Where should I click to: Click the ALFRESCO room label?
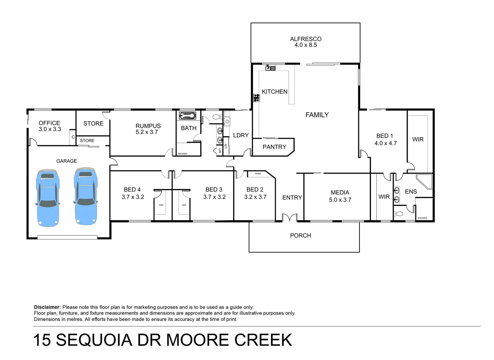pos(306,39)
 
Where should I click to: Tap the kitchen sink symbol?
pos(270,67)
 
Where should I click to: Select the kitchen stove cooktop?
pos(256,98)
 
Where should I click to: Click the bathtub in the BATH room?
pos(188,116)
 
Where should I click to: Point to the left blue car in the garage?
pos(48,198)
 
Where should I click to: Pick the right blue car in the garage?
pos(86,196)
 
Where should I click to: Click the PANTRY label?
pos(274,147)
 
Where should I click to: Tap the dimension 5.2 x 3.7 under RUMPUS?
pos(147,132)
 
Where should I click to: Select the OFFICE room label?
pos(49,123)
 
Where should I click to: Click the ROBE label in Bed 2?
pos(258,174)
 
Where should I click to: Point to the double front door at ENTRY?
pos(290,217)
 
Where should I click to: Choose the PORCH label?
pos(301,235)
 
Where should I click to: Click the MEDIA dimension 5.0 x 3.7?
pos(340,200)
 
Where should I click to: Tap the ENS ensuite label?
pos(411,192)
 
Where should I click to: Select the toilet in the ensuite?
pos(398,214)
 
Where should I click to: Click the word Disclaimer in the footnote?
pos(47,307)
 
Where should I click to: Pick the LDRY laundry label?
pos(241,135)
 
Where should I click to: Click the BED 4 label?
pos(132,189)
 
